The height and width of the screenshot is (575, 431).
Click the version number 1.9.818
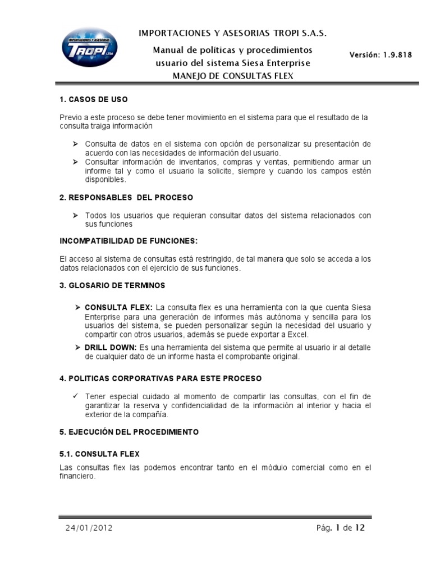pyautogui.click(x=380, y=54)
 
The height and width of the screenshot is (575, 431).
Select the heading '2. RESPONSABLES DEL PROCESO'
pyautogui.click(x=126, y=198)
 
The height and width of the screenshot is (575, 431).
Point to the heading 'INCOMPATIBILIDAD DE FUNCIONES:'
pyautogui.click(x=129, y=241)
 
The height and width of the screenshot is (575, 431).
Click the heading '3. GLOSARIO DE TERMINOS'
pyautogui.click(x=112, y=285)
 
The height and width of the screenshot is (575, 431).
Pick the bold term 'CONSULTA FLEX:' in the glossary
pyautogui.click(x=118, y=308)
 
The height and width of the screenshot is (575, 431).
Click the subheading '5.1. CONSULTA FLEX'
pyautogui.click(x=99, y=453)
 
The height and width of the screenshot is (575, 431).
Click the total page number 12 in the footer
pyautogui.click(x=360, y=527)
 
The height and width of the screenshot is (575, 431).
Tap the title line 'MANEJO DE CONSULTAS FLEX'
pyautogui.click(x=232, y=75)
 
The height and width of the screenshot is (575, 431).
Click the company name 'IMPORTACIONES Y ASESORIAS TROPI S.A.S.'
pyautogui.click(x=232, y=34)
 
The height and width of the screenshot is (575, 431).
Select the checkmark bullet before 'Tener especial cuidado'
pyautogui.click(x=76, y=396)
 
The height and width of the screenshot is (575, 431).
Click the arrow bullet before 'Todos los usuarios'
pyautogui.click(x=76, y=216)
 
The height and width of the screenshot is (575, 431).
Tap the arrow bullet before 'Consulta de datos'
pyautogui.click(x=76, y=144)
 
